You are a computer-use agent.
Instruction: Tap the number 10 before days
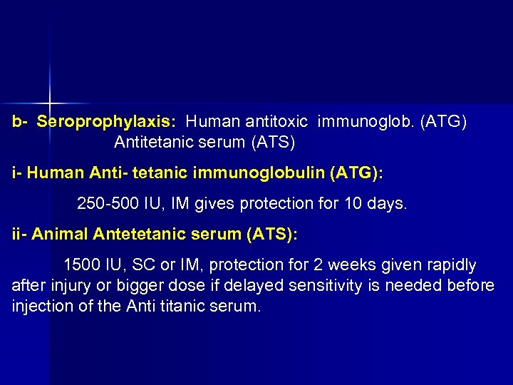point(354,204)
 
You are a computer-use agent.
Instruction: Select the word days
point(388,204)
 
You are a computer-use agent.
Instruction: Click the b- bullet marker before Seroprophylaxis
point(19,122)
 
